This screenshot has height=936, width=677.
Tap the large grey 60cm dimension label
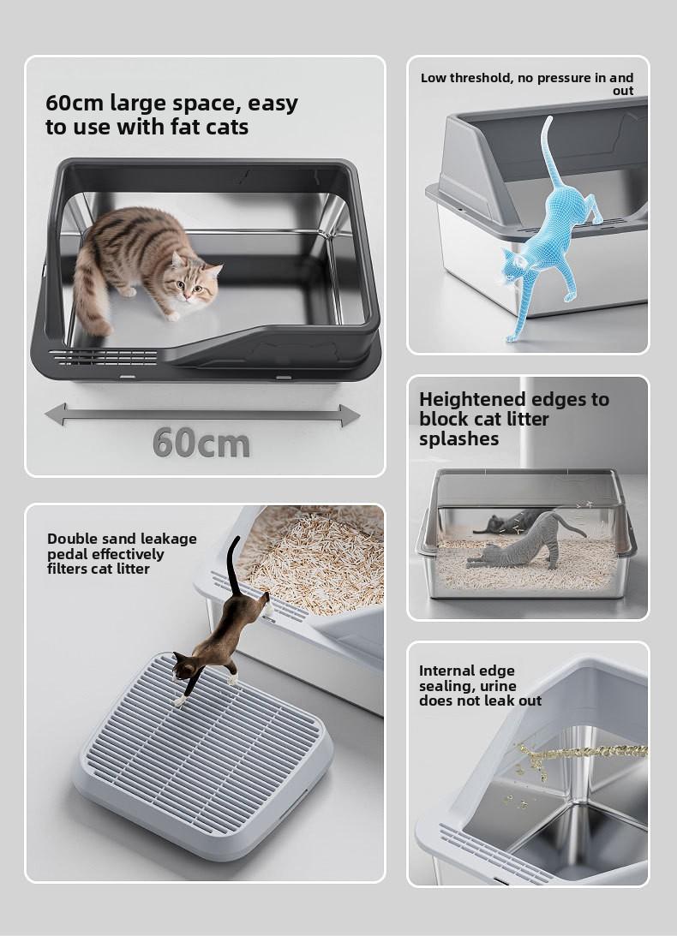(201, 443)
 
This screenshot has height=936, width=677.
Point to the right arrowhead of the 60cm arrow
(350, 415)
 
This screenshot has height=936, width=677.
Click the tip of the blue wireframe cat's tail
(549, 118)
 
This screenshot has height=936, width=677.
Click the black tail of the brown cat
(232, 567)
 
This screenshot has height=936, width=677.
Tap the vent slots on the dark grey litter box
(104, 357)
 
